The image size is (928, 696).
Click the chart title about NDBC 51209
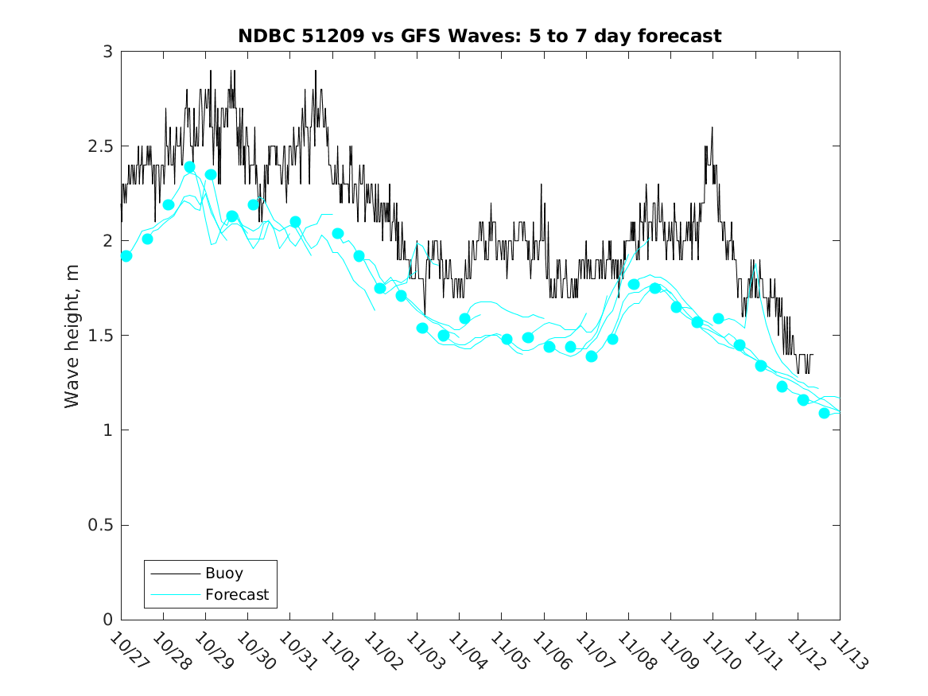[x=480, y=36]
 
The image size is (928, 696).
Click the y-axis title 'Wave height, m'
[x=72, y=336]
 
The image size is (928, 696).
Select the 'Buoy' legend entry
[x=223, y=573]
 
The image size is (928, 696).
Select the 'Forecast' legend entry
[x=236, y=594]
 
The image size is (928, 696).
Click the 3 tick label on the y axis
[x=107, y=52]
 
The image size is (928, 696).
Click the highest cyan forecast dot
[x=190, y=167]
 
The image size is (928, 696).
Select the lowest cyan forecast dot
[x=825, y=413]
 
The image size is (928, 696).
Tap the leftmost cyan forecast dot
[x=126, y=256]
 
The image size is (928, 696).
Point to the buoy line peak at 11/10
[x=712, y=127]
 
